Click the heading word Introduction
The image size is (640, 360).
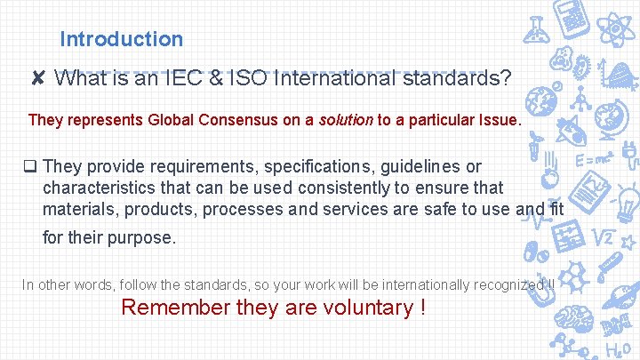point(121,39)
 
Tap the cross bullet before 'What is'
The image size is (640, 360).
point(37,79)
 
